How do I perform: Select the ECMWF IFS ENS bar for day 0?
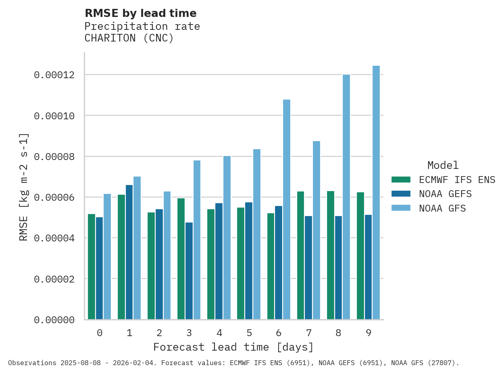click(x=92, y=266)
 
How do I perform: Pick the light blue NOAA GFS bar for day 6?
click(x=287, y=210)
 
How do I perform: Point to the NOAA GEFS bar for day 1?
click(x=129, y=252)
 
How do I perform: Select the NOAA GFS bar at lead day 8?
click(x=346, y=197)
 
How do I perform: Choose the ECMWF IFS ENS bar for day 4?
click(x=211, y=264)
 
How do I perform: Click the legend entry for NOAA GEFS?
click(x=445, y=194)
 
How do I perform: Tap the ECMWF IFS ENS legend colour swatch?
click(x=401, y=179)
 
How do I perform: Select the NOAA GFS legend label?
click(x=442, y=208)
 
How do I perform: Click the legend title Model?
click(x=443, y=165)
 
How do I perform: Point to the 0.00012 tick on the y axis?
click(x=54, y=75)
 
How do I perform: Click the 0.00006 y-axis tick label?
click(x=54, y=197)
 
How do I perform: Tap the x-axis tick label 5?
click(x=249, y=333)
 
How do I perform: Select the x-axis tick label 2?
click(x=159, y=333)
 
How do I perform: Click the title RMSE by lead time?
click(x=140, y=13)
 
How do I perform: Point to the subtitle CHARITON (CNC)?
click(x=129, y=38)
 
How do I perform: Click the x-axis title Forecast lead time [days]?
click(x=233, y=347)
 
